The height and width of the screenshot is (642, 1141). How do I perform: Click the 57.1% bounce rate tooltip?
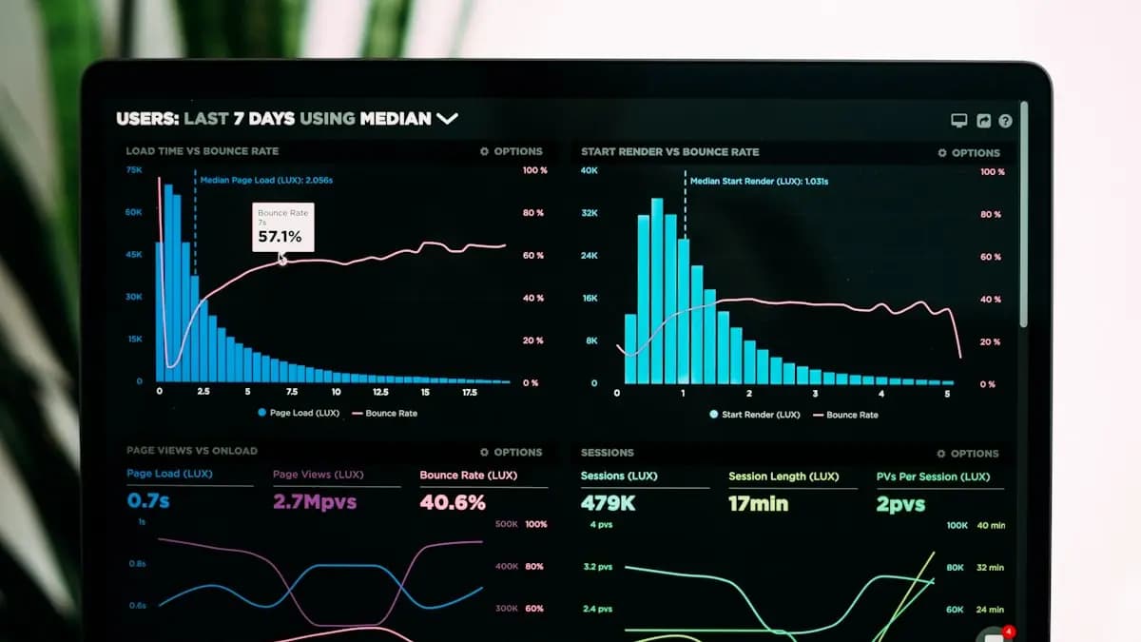(x=282, y=227)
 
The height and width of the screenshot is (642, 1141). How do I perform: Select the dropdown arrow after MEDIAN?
(x=447, y=119)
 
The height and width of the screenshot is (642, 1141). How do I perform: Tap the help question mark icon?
(x=1005, y=121)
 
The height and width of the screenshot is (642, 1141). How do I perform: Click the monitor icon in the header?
(x=958, y=121)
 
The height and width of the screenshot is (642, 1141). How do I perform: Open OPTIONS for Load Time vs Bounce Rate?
(x=512, y=151)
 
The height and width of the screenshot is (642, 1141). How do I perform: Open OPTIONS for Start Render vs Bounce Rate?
(x=969, y=152)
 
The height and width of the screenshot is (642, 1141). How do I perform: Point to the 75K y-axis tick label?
(x=134, y=170)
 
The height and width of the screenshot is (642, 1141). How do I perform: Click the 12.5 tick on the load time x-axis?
(x=380, y=392)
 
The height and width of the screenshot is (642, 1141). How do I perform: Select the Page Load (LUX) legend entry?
(x=299, y=413)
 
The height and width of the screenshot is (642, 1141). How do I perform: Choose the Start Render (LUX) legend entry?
(x=755, y=415)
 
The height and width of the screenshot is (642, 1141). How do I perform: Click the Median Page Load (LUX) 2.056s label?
(x=266, y=180)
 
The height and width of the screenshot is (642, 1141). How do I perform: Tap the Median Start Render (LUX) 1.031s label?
(x=759, y=181)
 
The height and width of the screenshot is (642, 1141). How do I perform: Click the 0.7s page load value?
(x=147, y=500)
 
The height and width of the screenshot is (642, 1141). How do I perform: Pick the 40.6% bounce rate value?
(x=453, y=502)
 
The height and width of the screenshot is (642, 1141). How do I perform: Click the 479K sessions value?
(x=608, y=503)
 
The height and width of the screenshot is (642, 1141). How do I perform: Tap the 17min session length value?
(x=758, y=503)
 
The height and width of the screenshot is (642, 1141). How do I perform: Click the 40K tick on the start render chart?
(x=590, y=171)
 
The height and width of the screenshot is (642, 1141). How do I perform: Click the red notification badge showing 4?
(x=1009, y=632)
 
